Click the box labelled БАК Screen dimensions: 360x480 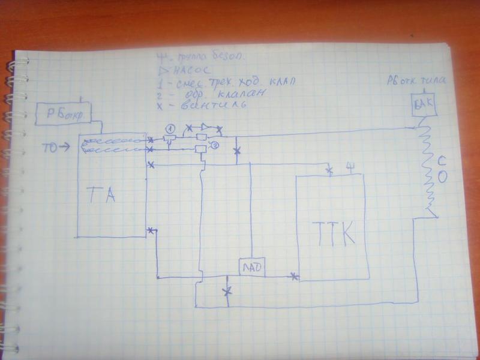click(x=423, y=105)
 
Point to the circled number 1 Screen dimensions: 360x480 click(x=170, y=128)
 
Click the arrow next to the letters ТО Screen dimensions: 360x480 click(x=64, y=146)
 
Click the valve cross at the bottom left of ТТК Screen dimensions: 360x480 click(x=294, y=277)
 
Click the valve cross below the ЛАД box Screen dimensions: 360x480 click(x=227, y=292)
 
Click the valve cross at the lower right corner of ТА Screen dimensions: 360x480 click(x=151, y=230)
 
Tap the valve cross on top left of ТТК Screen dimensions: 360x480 click(x=329, y=172)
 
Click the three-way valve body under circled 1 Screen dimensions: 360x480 click(x=170, y=140)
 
